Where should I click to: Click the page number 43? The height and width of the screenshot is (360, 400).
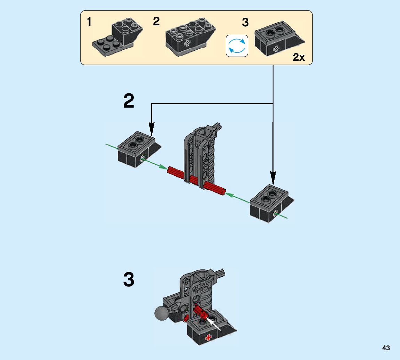pyautogui.click(x=386, y=348)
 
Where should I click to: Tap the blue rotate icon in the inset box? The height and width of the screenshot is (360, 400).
pyautogui.click(x=237, y=46)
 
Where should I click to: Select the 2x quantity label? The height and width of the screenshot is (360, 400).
pyautogui.click(x=299, y=57)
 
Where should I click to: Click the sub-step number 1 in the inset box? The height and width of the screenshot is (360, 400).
pyautogui.click(x=89, y=22)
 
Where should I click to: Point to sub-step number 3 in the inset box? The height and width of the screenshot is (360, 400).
pyautogui.click(x=245, y=23)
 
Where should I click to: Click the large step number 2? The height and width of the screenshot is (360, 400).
pyautogui.click(x=129, y=101)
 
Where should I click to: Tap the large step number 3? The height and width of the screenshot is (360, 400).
pyautogui.click(x=129, y=279)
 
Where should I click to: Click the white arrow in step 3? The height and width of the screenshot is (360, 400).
pyautogui.click(x=213, y=323)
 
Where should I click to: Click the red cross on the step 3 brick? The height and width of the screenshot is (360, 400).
pyautogui.click(x=209, y=338)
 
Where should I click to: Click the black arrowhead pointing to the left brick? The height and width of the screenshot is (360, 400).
pyautogui.click(x=152, y=129)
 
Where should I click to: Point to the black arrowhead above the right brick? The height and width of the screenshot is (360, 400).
pyautogui.click(x=273, y=178)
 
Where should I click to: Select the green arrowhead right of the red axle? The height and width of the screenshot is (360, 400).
pyautogui.click(x=230, y=195)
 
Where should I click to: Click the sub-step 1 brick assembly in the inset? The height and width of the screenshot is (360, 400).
pyautogui.click(x=117, y=37)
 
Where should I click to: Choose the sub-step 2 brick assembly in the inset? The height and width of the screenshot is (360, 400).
pyautogui.click(x=190, y=37)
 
